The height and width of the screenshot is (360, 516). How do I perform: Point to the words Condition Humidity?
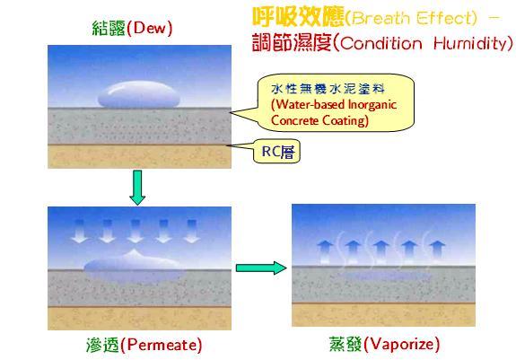tap(424, 43)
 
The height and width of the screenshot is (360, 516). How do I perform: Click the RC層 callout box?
tap(276, 152)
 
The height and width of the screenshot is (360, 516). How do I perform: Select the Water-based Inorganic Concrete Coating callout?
tap(335, 102)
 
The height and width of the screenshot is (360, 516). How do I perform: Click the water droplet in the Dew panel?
tap(139, 95)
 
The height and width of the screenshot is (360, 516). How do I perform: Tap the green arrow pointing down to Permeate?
tap(137, 188)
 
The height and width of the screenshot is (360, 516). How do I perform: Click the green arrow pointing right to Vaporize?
tap(261, 268)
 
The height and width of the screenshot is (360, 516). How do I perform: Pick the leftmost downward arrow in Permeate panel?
tap(80, 232)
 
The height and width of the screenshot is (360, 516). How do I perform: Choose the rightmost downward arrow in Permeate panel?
tap(191, 232)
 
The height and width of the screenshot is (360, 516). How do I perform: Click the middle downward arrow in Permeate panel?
tap(136, 232)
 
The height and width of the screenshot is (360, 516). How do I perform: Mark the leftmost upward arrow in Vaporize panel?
tap(325, 252)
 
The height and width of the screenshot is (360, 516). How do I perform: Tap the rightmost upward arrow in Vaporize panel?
tap(437, 252)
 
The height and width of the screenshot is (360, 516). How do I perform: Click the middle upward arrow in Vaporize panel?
tap(381, 252)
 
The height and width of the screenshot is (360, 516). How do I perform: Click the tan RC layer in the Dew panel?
tap(139, 156)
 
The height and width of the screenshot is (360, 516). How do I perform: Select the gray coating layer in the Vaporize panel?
tap(384, 285)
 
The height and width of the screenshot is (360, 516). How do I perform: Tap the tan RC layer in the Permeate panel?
tap(139, 318)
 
